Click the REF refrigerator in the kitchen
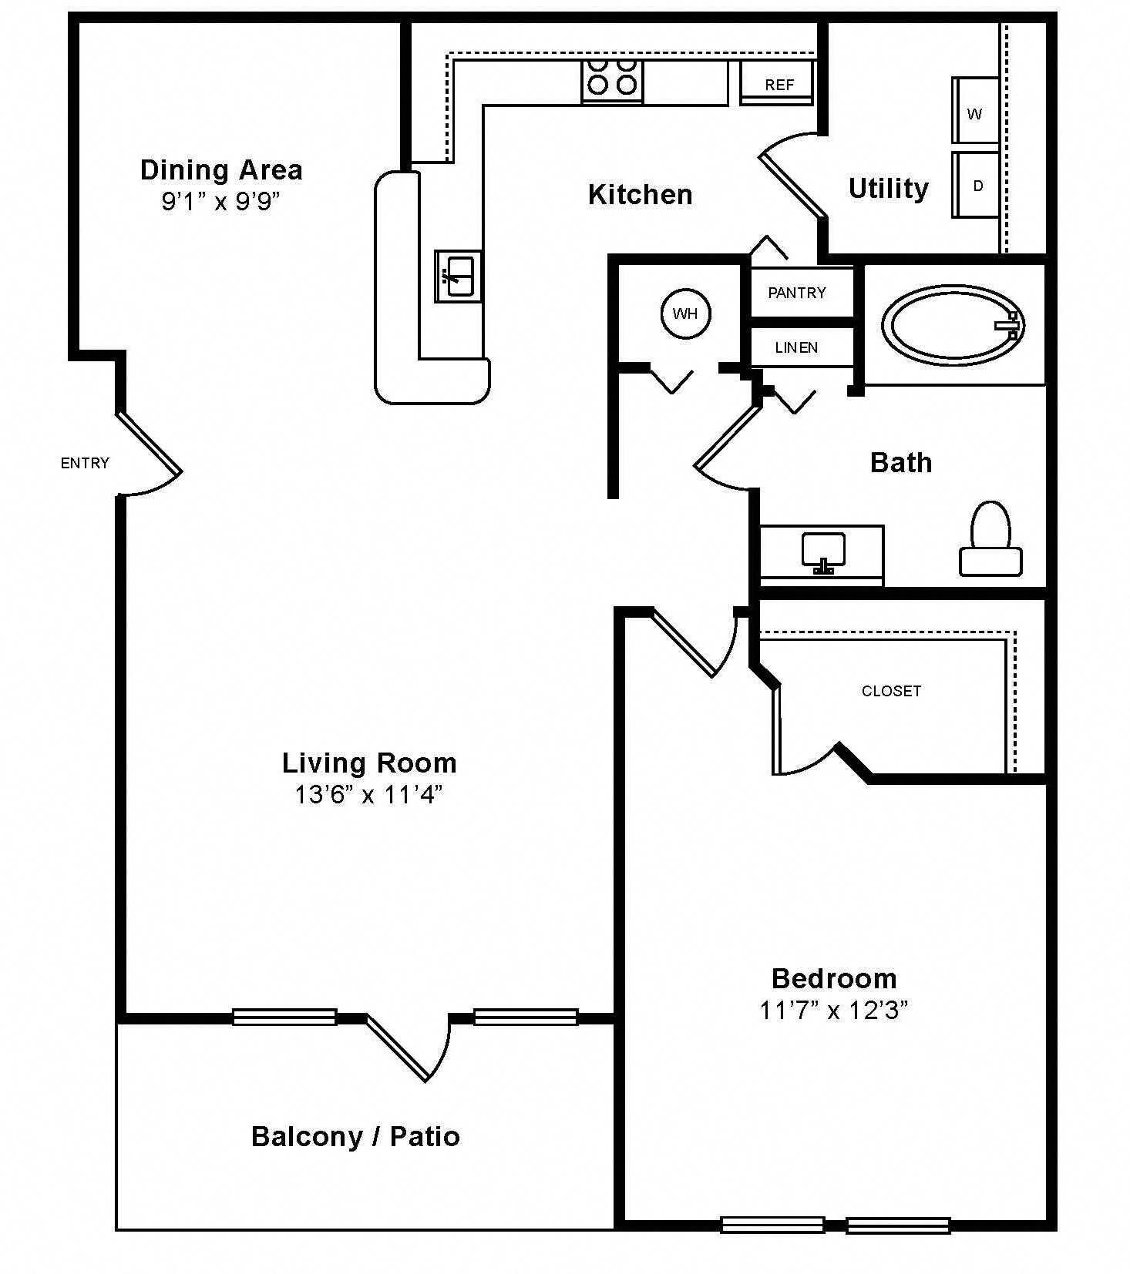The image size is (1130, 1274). pos(777,82)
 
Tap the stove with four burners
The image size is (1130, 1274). pos(612,81)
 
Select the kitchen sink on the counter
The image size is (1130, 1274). pos(458,276)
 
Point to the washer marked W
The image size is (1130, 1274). pos(976,110)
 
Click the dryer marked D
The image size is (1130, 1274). pos(976,185)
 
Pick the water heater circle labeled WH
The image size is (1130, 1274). pos(685,313)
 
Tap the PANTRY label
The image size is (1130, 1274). pos(797,293)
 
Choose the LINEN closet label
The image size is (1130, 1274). pos(796,348)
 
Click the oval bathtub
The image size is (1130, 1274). pos(954,325)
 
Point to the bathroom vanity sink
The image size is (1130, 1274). pos(823,553)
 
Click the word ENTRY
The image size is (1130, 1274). pos(85,463)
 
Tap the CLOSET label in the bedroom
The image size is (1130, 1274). pos(891,691)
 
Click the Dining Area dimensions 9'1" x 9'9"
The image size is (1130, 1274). pos(220,202)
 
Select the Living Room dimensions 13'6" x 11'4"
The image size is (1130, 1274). pos(368,794)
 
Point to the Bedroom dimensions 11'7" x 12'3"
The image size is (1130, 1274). pos(834,1010)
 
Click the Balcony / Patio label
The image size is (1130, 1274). pos(355,1137)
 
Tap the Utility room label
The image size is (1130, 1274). pos(889,189)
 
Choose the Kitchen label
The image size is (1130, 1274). pos(640,194)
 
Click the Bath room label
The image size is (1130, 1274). pos(901,462)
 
